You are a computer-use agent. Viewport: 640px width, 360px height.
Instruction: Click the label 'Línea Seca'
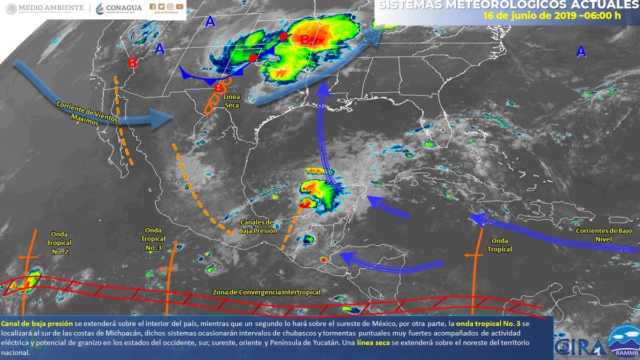pos(231,101)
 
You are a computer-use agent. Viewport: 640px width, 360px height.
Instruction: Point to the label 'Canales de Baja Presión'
pos(258,226)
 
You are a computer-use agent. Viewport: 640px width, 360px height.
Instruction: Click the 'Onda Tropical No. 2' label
pos(59,243)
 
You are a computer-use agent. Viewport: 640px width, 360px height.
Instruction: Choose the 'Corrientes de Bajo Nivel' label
pos(603,235)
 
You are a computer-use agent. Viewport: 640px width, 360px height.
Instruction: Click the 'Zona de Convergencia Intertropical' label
pos(266,292)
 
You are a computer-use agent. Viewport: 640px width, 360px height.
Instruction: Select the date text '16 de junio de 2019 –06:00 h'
pos(551,15)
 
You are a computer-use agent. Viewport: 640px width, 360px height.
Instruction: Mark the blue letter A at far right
pos(581,52)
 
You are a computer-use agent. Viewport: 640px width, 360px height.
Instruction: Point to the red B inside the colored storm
pos(305,39)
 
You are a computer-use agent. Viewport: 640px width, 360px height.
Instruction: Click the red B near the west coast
pos(132,63)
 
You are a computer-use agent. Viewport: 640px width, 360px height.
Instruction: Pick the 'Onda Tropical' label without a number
pos(499,245)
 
